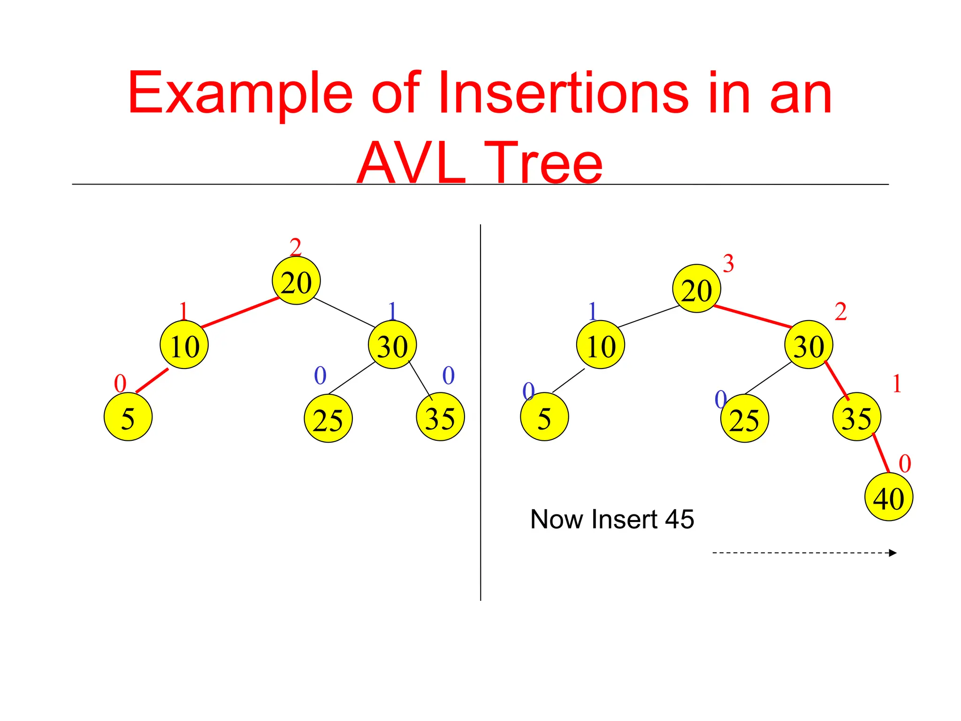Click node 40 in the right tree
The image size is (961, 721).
pos(888,497)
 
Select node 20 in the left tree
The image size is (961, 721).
pos(296,281)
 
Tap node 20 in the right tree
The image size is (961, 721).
pos(696,288)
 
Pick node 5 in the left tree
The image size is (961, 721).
pos(128,417)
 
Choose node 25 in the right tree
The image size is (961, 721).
pos(744,418)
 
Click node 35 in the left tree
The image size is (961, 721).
pos(440,417)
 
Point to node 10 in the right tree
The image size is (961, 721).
pos(601,345)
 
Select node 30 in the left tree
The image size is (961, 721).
pos(392,345)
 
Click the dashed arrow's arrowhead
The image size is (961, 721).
pos(892,553)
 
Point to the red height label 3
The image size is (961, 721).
pos(728,263)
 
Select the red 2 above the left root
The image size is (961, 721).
pos(295,247)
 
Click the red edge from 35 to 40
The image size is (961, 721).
pos(881,453)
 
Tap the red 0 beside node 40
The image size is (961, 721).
pos(905,464)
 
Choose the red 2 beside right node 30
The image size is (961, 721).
pos(840,312)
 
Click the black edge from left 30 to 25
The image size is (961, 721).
pos(352,378)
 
